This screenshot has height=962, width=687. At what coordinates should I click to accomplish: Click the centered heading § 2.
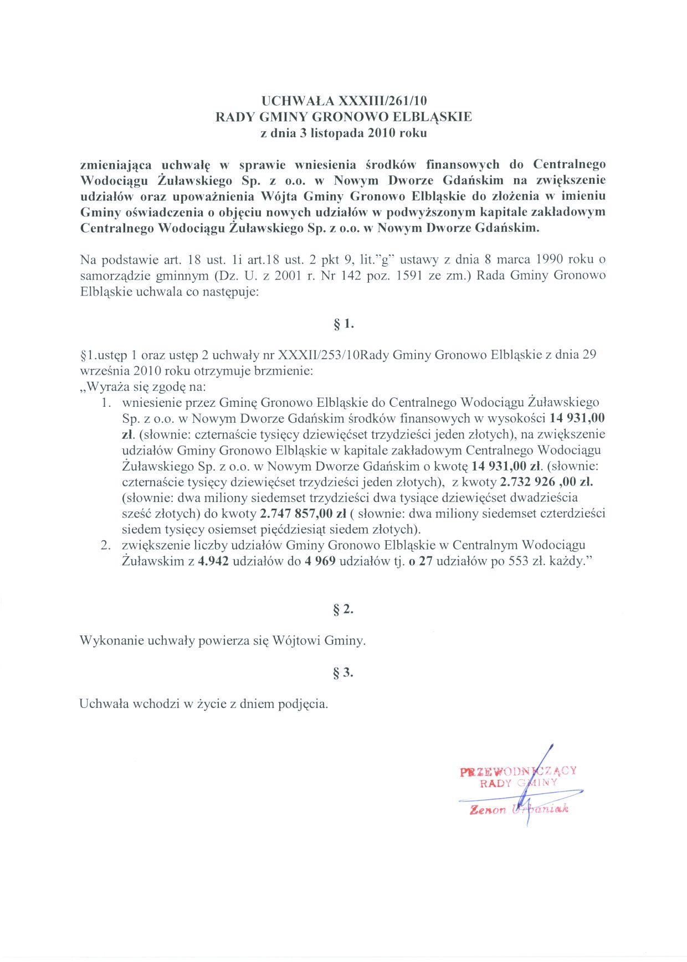tap(343, 609)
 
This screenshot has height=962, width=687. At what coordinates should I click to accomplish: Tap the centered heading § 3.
tap(343, 673)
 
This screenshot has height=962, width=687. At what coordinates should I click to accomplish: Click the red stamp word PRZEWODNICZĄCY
tap(518, 771)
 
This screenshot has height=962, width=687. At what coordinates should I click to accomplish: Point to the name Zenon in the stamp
tap(488, 810)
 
